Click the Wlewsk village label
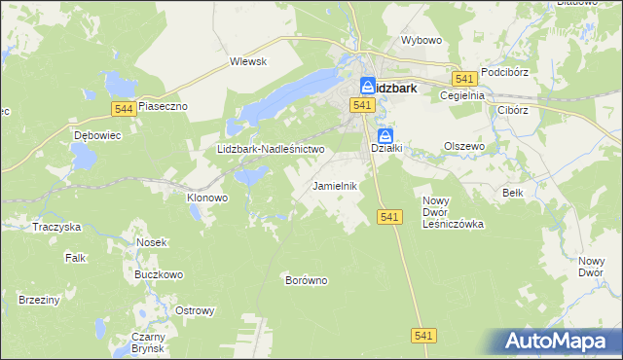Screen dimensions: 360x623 tap(248, 60)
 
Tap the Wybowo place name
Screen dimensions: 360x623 tap(421, 41)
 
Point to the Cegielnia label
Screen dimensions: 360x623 tap(461, 95)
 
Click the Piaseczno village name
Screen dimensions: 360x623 tap(162, 105)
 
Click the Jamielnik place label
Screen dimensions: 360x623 tap(336, 185)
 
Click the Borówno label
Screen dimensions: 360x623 tap(306, 280)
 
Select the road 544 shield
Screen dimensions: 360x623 tap(123, 108)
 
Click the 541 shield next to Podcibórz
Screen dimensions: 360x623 tap(464, 78)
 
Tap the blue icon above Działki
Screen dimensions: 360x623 tap(385, 135)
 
